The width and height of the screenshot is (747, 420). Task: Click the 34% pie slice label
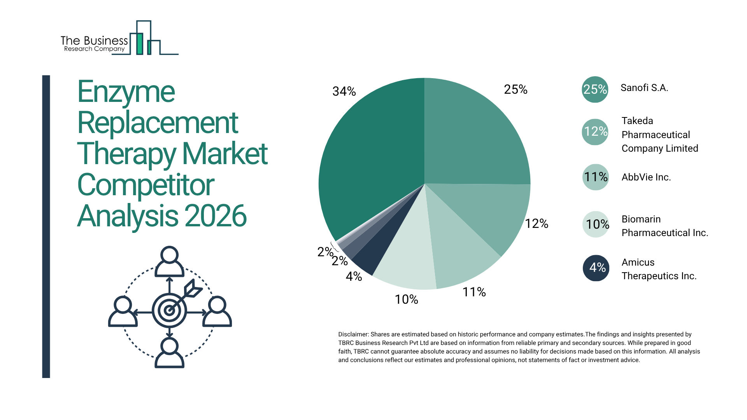click(x=344, y=91)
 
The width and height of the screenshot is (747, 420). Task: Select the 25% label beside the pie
click(x=516, y=89)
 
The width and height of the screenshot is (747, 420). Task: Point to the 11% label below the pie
click(x=474, y=292)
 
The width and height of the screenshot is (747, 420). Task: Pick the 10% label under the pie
click(x=406, y=299)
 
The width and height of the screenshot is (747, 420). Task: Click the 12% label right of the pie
click(x=537, y=224)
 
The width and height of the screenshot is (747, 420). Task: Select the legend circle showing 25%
click(x=595, y=89)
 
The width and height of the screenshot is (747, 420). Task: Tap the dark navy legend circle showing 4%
click(x=596, y=268)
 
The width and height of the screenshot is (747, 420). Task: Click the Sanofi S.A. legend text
click(x=644, y=88)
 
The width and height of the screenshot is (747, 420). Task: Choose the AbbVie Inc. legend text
click(x=646, y=177)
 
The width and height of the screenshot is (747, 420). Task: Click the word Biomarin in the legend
click(x=641, y=219)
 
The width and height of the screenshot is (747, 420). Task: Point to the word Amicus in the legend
click(x=638, y=262)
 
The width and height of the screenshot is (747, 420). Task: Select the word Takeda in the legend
click(x=637, y=121)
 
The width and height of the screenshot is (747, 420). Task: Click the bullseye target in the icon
click(x=169, y=310)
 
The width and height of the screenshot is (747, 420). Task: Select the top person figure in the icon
click(x=169, y=261)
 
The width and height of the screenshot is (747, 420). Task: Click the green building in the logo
click(x=139, y=44)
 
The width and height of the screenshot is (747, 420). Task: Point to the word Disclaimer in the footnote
click(x=353, y=334)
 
